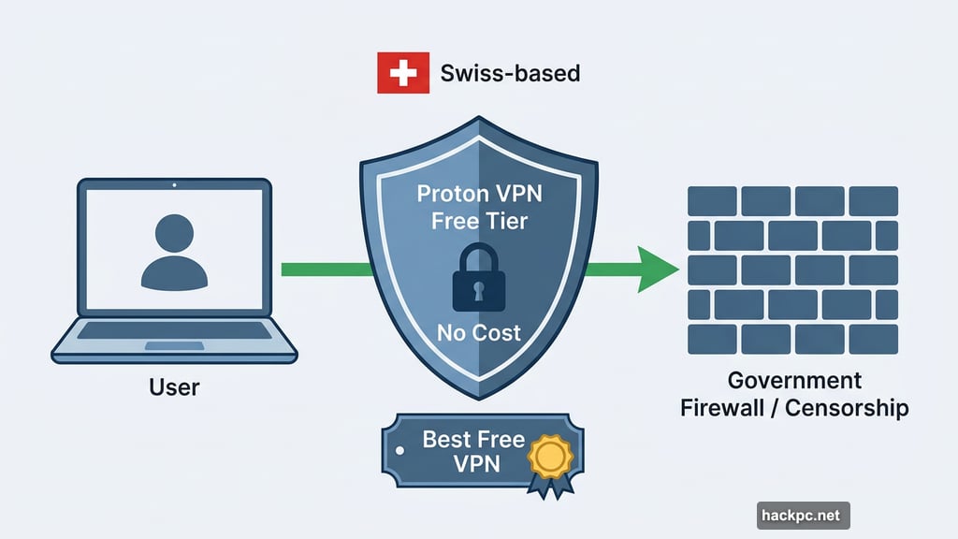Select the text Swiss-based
click(x=510, y=73)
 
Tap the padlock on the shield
click(x=478, y=283)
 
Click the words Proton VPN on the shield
click(x=479, y=194)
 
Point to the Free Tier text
click(x=479, y=222)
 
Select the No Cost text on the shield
click(x=479, y=333)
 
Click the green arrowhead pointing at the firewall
click(x=659, y=269)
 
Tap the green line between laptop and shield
click(x=323, y=269)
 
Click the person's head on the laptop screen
click(x=173, y=232)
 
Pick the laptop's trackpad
click(x=173, y=345)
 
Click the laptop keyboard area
click(x=173, y=329)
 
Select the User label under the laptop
click(x=174, y=386)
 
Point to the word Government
click(x=794, y=381)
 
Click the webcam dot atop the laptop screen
click(x=173, y=187)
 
